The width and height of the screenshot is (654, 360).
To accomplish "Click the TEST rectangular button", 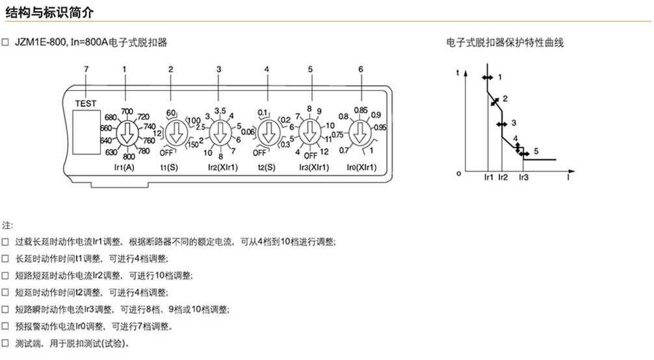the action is coord(86,132).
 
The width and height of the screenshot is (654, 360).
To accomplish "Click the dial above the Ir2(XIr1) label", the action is coord(220,133).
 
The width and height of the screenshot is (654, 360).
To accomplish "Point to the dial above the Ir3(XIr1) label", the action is coord(309,133).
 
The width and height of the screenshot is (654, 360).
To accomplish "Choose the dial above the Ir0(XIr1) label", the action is coord(360,133).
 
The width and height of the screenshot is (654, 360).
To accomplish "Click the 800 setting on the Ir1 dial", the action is coord(129,157).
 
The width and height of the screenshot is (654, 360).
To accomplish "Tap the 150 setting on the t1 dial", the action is coord(192,145).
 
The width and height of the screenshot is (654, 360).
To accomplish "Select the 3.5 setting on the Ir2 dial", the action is coord(220,111).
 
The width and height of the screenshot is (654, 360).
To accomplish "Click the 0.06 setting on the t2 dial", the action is coord(248,132).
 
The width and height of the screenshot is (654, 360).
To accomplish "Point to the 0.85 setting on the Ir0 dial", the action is coord(361,110).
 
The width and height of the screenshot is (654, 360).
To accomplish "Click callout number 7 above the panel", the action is coord(86,70).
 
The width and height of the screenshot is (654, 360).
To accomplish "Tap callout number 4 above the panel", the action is coord(267,70).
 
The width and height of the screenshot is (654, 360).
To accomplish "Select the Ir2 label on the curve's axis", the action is coord(503,177).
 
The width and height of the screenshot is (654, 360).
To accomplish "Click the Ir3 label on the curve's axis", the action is coord(523,177).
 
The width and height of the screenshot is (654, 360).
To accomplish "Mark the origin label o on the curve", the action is coord(459,173).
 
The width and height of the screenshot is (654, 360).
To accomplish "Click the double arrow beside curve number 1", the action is coord(487,77).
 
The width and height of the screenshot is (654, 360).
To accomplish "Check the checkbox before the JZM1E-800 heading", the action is coord(5,42).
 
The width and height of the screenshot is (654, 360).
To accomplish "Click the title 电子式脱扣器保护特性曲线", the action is coord(504,42).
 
